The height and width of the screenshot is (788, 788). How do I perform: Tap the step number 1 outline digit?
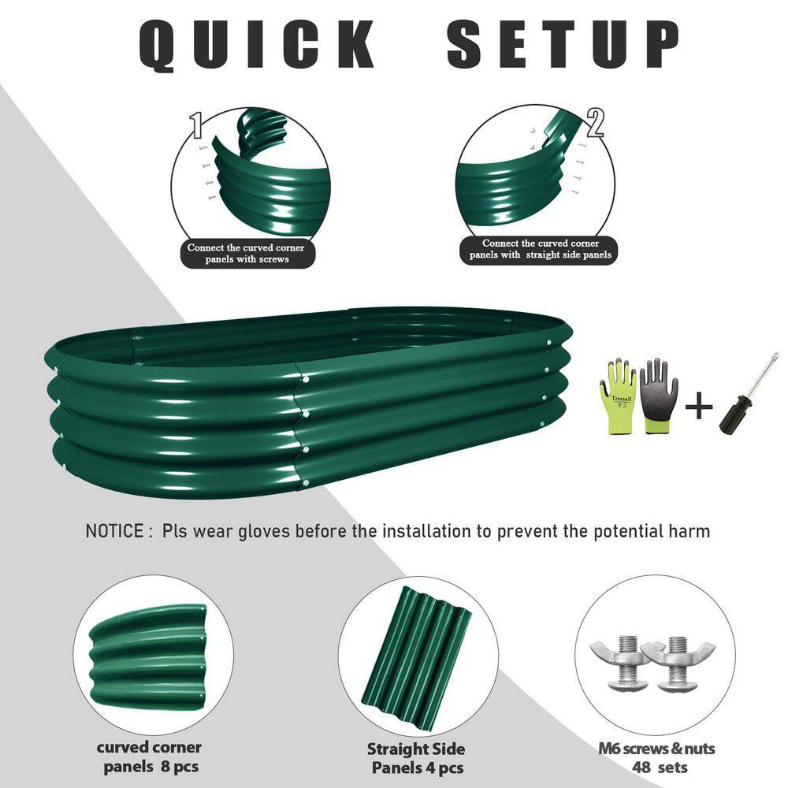(x=197, y=125)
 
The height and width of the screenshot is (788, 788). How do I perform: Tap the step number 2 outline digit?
(x=596, y=123)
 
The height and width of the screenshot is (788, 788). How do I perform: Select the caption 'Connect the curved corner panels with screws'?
(x=245, y=253)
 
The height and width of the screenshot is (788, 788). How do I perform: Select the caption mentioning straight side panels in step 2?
(x=541, y=249)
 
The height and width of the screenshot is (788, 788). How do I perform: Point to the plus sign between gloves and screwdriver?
(x=698, y=408)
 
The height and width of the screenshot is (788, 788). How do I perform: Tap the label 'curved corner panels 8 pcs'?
(x=149, y=757)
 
